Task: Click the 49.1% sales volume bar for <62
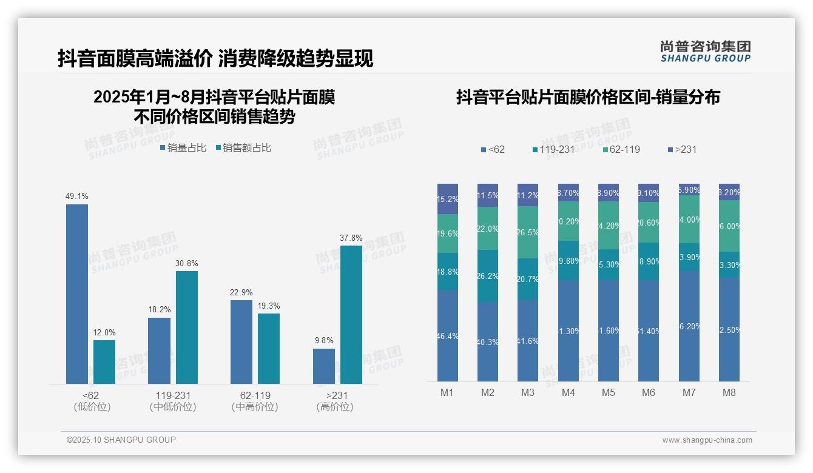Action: [x=77, y=294]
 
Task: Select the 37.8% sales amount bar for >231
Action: [x=351, y=315]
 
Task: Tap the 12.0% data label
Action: [x=104, y=333]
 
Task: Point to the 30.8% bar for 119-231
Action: [x=187, y=327]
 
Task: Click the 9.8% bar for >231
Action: [x=324, y=366]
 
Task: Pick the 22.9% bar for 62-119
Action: [x=241, y=342]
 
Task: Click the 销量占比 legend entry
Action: [x=183, y=148]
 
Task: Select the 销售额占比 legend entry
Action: [x=243, y=148]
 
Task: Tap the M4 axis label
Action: [x=568, y=393]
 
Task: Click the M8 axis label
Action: [x=729, y=393]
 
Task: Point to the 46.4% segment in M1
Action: [x=448, y=335]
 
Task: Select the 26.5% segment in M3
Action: [x=528, y=232]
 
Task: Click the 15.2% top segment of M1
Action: [x=448, y=199]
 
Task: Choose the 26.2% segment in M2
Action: [x=488, y=276]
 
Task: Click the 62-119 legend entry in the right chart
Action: [x=622, y=149]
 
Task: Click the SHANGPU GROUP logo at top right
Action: [x=705, y=52]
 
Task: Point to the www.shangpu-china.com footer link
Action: [x=707, y=440]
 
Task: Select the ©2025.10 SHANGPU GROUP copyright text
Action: [x=121, y=440]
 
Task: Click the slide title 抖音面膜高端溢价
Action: [x=135, y=58]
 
